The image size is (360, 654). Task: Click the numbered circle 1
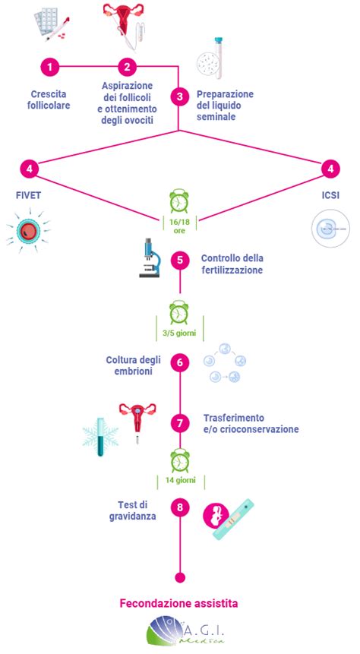(50, 67)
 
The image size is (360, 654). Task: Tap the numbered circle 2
(128, 67)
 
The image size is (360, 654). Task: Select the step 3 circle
(180, 96)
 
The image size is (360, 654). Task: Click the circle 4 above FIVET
(29, 169)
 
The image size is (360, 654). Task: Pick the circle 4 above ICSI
(331, 169)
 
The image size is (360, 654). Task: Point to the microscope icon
(150, 257)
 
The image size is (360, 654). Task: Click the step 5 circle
(180, 260)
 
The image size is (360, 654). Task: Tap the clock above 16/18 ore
(179, 201)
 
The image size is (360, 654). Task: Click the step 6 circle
(180, 362)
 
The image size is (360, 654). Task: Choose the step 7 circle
(180, 423)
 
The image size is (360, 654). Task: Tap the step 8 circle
(180, 507)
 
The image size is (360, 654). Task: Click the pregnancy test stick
(234, 520)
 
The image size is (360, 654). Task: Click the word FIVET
(30, 195)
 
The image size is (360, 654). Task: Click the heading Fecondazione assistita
(179, 603)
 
